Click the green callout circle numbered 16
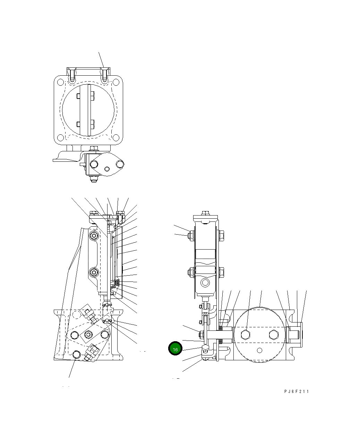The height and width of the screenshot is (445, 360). coord(175,349)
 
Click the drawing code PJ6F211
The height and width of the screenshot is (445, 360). coord(296,391)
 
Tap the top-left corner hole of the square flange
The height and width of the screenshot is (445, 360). coord(60,82)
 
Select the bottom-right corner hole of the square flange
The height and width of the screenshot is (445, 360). coord(117,140)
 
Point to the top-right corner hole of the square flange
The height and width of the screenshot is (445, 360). coord(117,82)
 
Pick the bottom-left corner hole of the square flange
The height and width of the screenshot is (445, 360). coord(60,140)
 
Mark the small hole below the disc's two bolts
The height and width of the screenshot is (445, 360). coord(259,350)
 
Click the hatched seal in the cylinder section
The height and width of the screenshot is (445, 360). coord(117,283)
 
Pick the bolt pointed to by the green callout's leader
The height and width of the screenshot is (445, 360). coord(205,347)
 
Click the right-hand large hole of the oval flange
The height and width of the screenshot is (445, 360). coord(120,163)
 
